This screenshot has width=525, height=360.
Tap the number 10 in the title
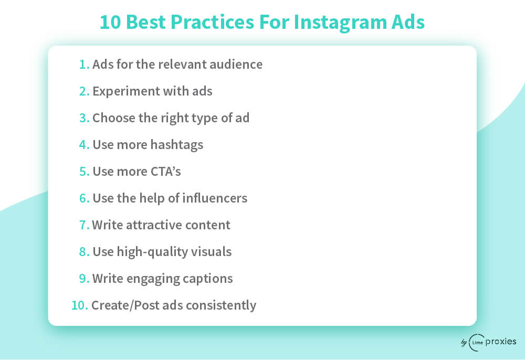pyautogui.click(x=110, y=22)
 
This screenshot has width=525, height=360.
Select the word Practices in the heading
pyautogui.click(x=212, y=22)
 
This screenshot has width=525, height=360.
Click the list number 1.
pyautogui.click(x=84, y=64)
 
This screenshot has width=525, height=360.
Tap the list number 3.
pyautogui.click(x=84, y=118)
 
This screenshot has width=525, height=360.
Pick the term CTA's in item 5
pyautogui.click(x=166, y=172)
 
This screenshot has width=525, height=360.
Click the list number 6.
pyautogui.click(x=84, y=198)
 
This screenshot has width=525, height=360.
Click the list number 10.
pyautogui.click(x=79, y=305)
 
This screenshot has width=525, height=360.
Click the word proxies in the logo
pyautogui.click(x=500, y=342)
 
